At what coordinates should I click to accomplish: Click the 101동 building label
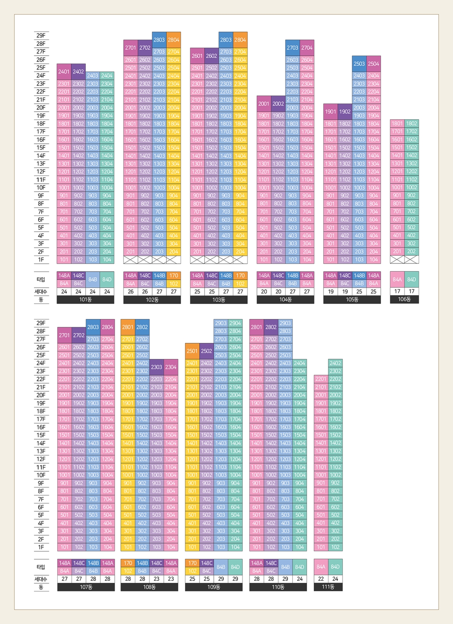(x=85, y=300)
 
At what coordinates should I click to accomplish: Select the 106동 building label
(x=404, y=299)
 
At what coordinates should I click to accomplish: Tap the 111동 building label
(x=328, y=587)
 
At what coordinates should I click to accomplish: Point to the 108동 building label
(x=149, y=587)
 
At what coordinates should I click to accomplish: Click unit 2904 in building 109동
(x=235, y=323)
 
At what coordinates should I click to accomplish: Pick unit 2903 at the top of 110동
(x=285, y=323)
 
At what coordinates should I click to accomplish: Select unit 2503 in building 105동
(x=359, y=64)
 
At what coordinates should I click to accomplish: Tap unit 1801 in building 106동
(x=397, y=124)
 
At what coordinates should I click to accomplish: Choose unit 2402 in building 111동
(x=335, y=363)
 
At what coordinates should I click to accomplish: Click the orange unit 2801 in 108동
(x=128, y=327)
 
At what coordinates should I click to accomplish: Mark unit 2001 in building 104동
(x=264, y=103)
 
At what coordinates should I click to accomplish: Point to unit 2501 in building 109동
(x=192, y=351)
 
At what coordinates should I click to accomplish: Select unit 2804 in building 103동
(x=240, y=40)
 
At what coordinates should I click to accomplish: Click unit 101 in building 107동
(x=65, y=547)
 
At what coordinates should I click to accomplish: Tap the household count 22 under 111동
(x=321, y=579)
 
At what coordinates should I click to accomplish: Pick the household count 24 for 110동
(x=300, y=579)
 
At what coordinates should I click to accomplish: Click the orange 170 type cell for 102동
(x=174, y=275)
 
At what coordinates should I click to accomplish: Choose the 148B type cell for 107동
(x=93, y=563)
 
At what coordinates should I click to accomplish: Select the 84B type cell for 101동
(x=92, y=280)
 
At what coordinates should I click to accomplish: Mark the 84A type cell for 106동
(x=397, y=280)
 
